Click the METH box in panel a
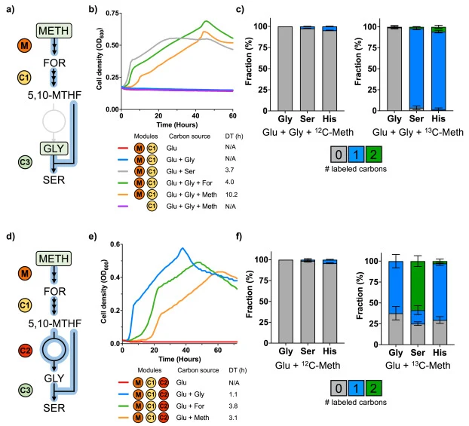coord(54,30)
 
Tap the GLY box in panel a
coord(54,149)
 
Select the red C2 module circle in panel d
coord(25,350)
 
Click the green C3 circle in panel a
coord(25,162)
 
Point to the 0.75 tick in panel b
coord(112,13)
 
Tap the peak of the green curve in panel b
coord(206,21)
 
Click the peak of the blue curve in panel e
coord(182,248)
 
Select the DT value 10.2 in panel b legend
coord(231,195)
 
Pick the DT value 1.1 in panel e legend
coord(233,394)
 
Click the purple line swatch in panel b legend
coord(123,206)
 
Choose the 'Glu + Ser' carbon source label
coord(181,171)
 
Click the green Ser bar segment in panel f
coord(418,286)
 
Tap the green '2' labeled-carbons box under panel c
coord(373,155)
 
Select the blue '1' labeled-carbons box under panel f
coord(356,388)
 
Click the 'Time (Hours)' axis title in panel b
coord(177,124)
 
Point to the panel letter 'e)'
coord(93,236)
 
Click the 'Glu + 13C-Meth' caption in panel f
coord(418,365)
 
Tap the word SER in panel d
coord(54,408)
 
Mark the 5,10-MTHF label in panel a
coord(54,95)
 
